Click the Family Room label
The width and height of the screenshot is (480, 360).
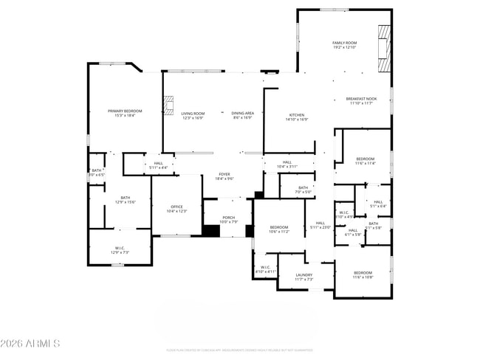[x=344, y=45]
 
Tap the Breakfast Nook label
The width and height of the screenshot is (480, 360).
[x=362, y=101]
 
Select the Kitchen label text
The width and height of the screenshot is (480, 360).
[x=297, y=117]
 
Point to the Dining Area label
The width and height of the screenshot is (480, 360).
[x=243, y=115]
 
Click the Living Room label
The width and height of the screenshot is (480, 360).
[x=193, y=115]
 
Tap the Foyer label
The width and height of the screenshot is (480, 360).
[x=224, y=176]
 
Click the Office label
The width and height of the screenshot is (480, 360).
[x=176, y=209]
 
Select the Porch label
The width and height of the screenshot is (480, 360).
[x=229, y=219]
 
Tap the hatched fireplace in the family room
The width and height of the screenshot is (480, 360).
[x=383, y=49]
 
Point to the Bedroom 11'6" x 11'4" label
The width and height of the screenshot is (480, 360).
[x=365, y=161]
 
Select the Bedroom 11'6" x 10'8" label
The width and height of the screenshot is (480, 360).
[x=363, y=275]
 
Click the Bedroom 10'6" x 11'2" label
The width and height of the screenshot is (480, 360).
[x=278, y=229]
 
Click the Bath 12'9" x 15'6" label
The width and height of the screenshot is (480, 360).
[x=126, y=199]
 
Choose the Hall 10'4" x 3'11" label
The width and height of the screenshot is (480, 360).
[x=287, y=165]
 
